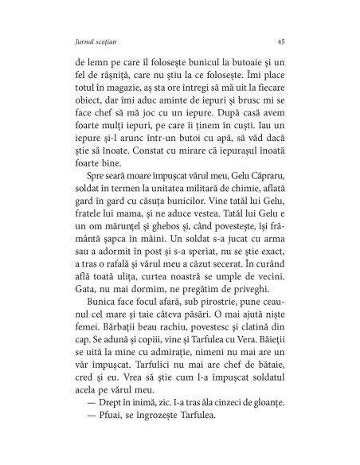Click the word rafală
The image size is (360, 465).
click(x=119, y=305)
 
